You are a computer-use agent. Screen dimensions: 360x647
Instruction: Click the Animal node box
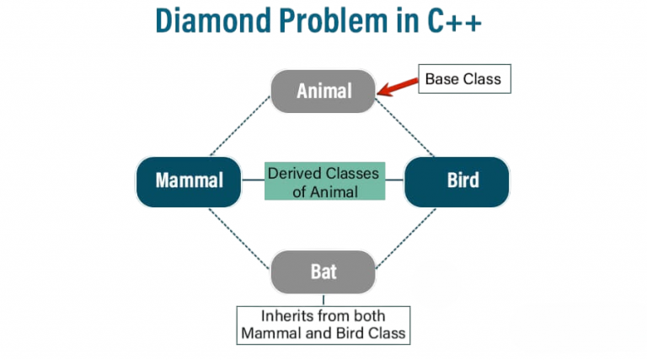323,91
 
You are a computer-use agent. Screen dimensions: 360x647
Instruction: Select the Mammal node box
189,180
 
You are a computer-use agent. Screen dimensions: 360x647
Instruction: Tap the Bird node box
457,180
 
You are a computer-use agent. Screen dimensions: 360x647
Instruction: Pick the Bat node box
323,272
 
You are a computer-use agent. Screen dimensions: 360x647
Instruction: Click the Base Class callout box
463,79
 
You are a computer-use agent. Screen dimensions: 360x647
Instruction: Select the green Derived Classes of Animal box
323,180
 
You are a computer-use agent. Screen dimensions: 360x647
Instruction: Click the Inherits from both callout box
323,325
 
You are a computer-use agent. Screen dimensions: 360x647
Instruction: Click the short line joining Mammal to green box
253,180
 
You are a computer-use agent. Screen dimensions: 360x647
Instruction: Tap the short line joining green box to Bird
394,180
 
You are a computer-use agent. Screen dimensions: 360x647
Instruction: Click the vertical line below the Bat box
323,299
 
